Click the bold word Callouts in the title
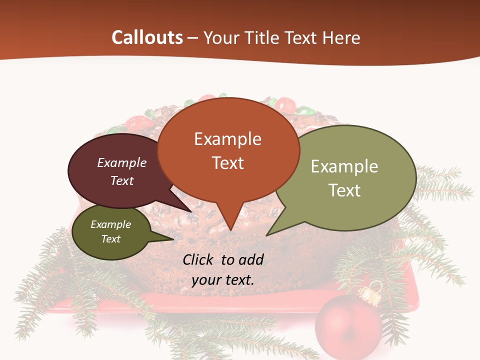147,37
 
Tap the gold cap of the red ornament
370,295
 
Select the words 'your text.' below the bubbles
223,280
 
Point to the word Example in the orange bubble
227,139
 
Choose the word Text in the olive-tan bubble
344,190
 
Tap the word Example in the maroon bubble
122,162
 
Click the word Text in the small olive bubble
111,239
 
